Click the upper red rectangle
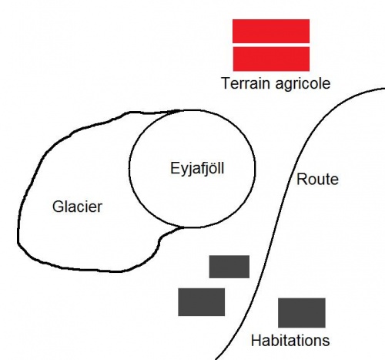(271, 31)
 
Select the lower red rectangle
(271, 59)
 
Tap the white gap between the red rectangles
(271, 45)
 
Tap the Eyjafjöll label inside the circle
(197, 170)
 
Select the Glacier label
(77, 207)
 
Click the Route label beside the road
(317, 180)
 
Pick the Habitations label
(290, 341)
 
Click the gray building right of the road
(302, 313)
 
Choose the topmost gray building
(229, 267)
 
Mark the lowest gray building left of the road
(202, 302)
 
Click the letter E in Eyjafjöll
(175, 168)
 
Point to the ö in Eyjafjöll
(210, 169)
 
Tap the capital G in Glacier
(58, 207)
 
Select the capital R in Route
(302, 179)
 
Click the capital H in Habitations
(256, 340)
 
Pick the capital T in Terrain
(226, 83)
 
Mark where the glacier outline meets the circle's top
(179, 111)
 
